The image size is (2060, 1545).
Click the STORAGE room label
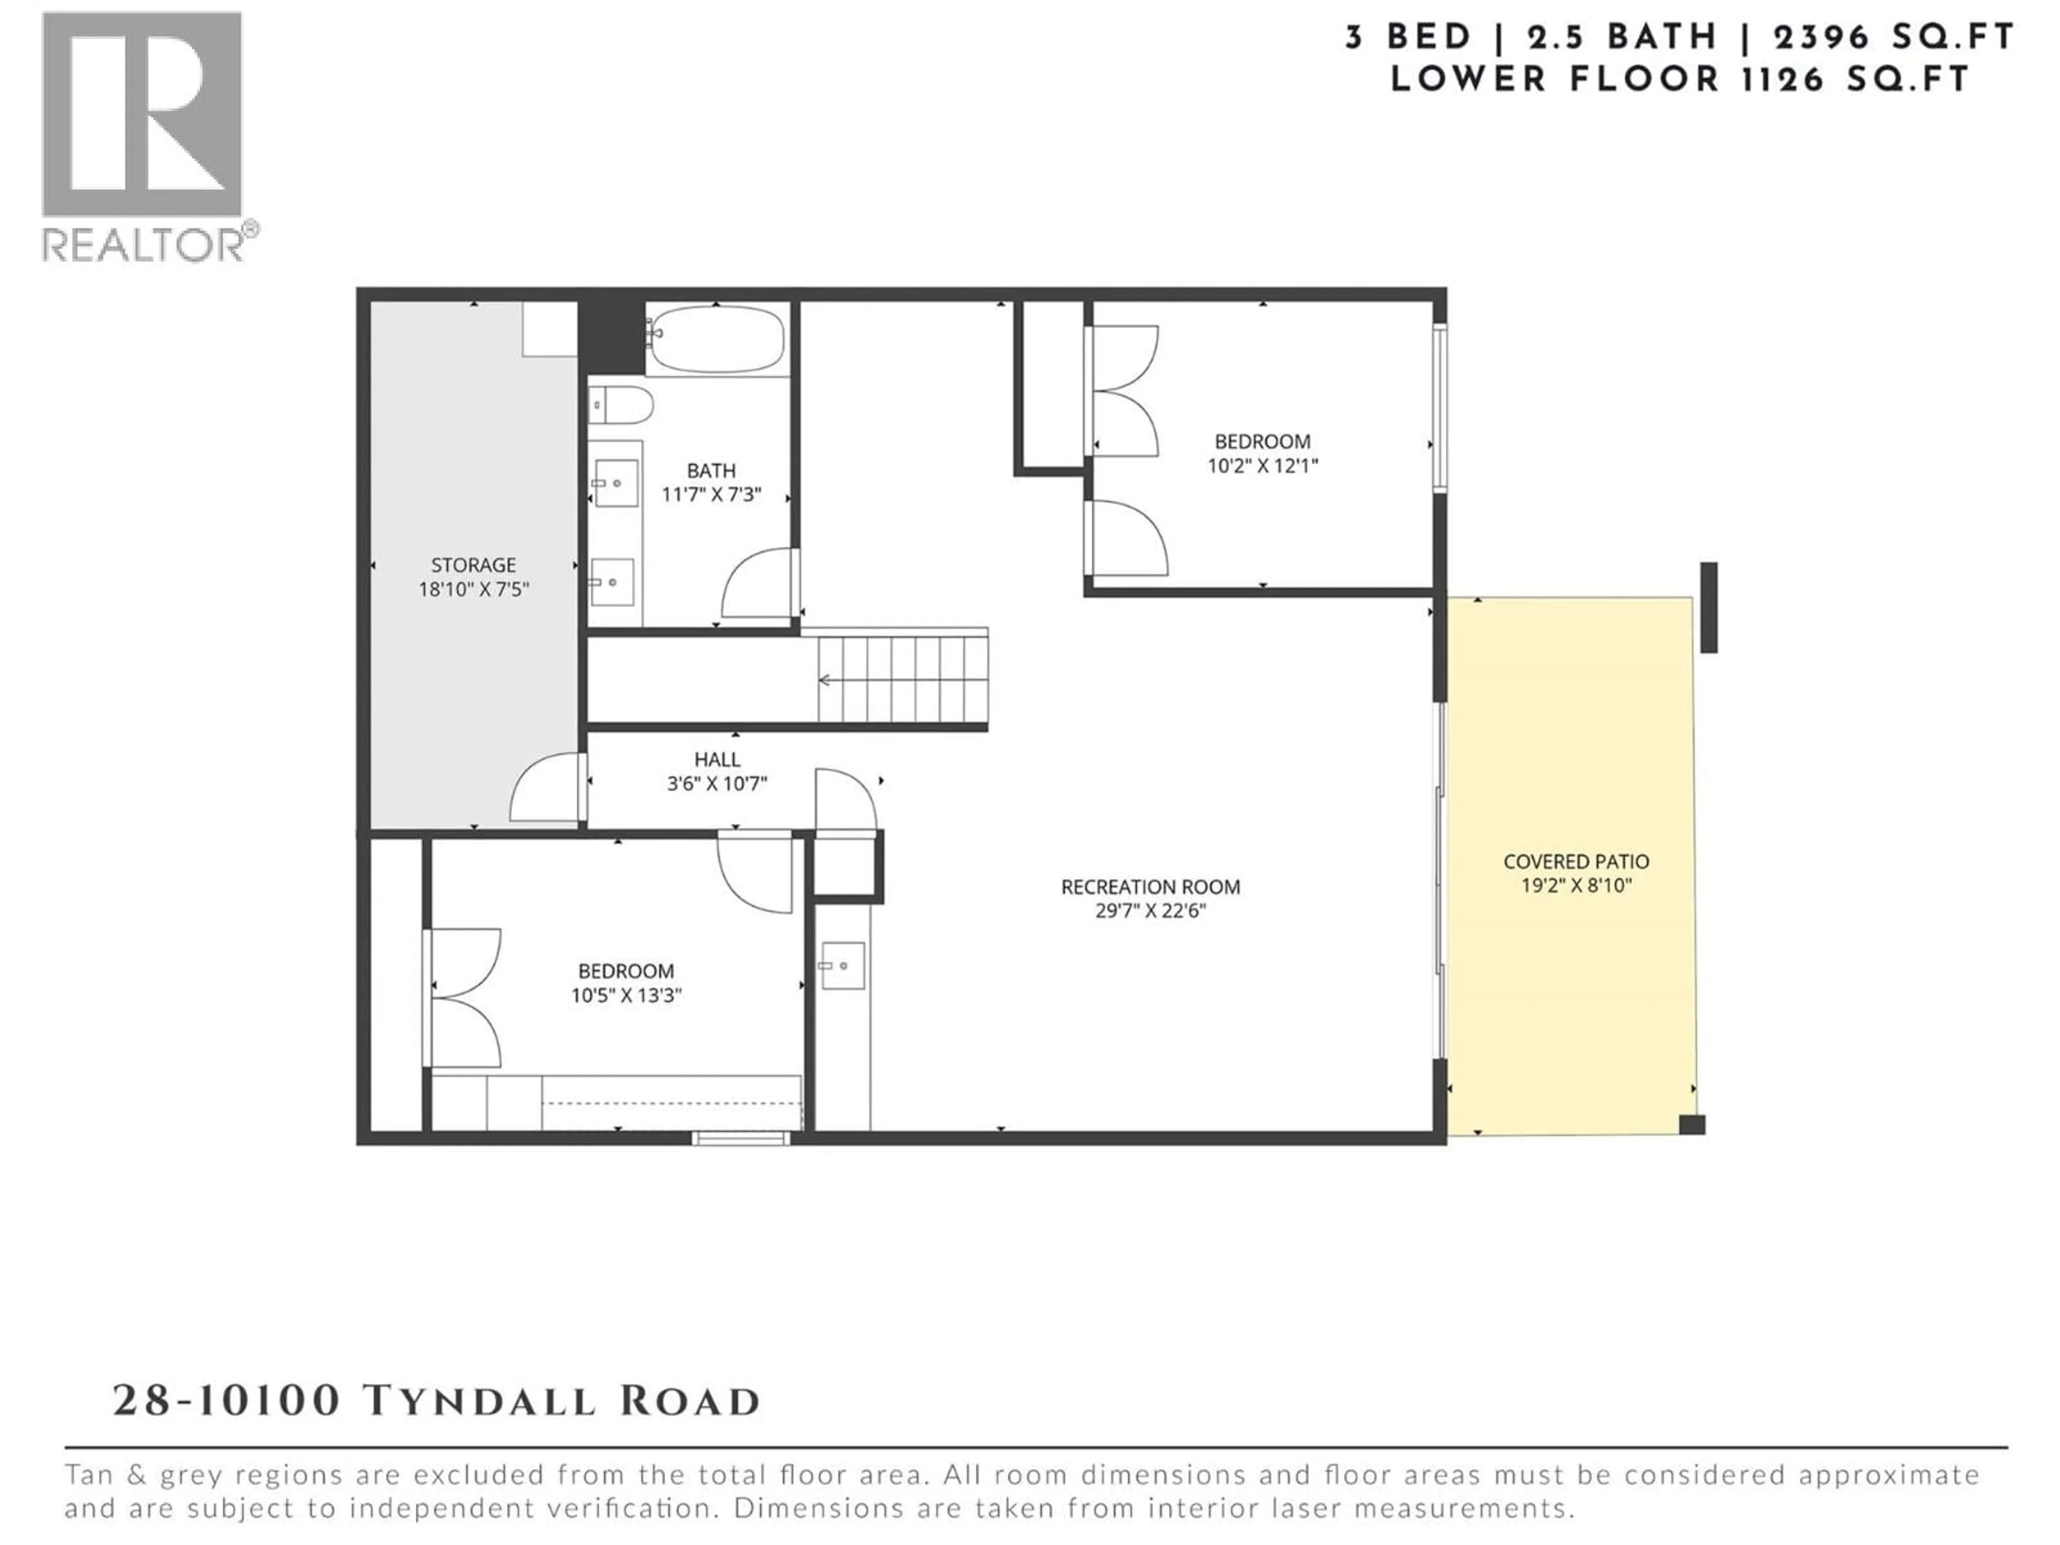pyautogui.click(x=473, y=565)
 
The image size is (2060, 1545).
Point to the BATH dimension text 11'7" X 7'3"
pyautogui.click(x=711, y=495)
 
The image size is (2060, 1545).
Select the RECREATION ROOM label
pyautogui.click(x=1150, y=887)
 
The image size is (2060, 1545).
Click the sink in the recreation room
pyautogui.click(x=843, y=966)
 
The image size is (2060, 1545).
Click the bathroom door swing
pyautogui.click(x=759, y=584)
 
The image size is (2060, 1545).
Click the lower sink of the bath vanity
pyautogui.click(x=613, y=582)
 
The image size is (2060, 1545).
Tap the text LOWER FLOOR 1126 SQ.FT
pyautogui.click(x=1679, y=79)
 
